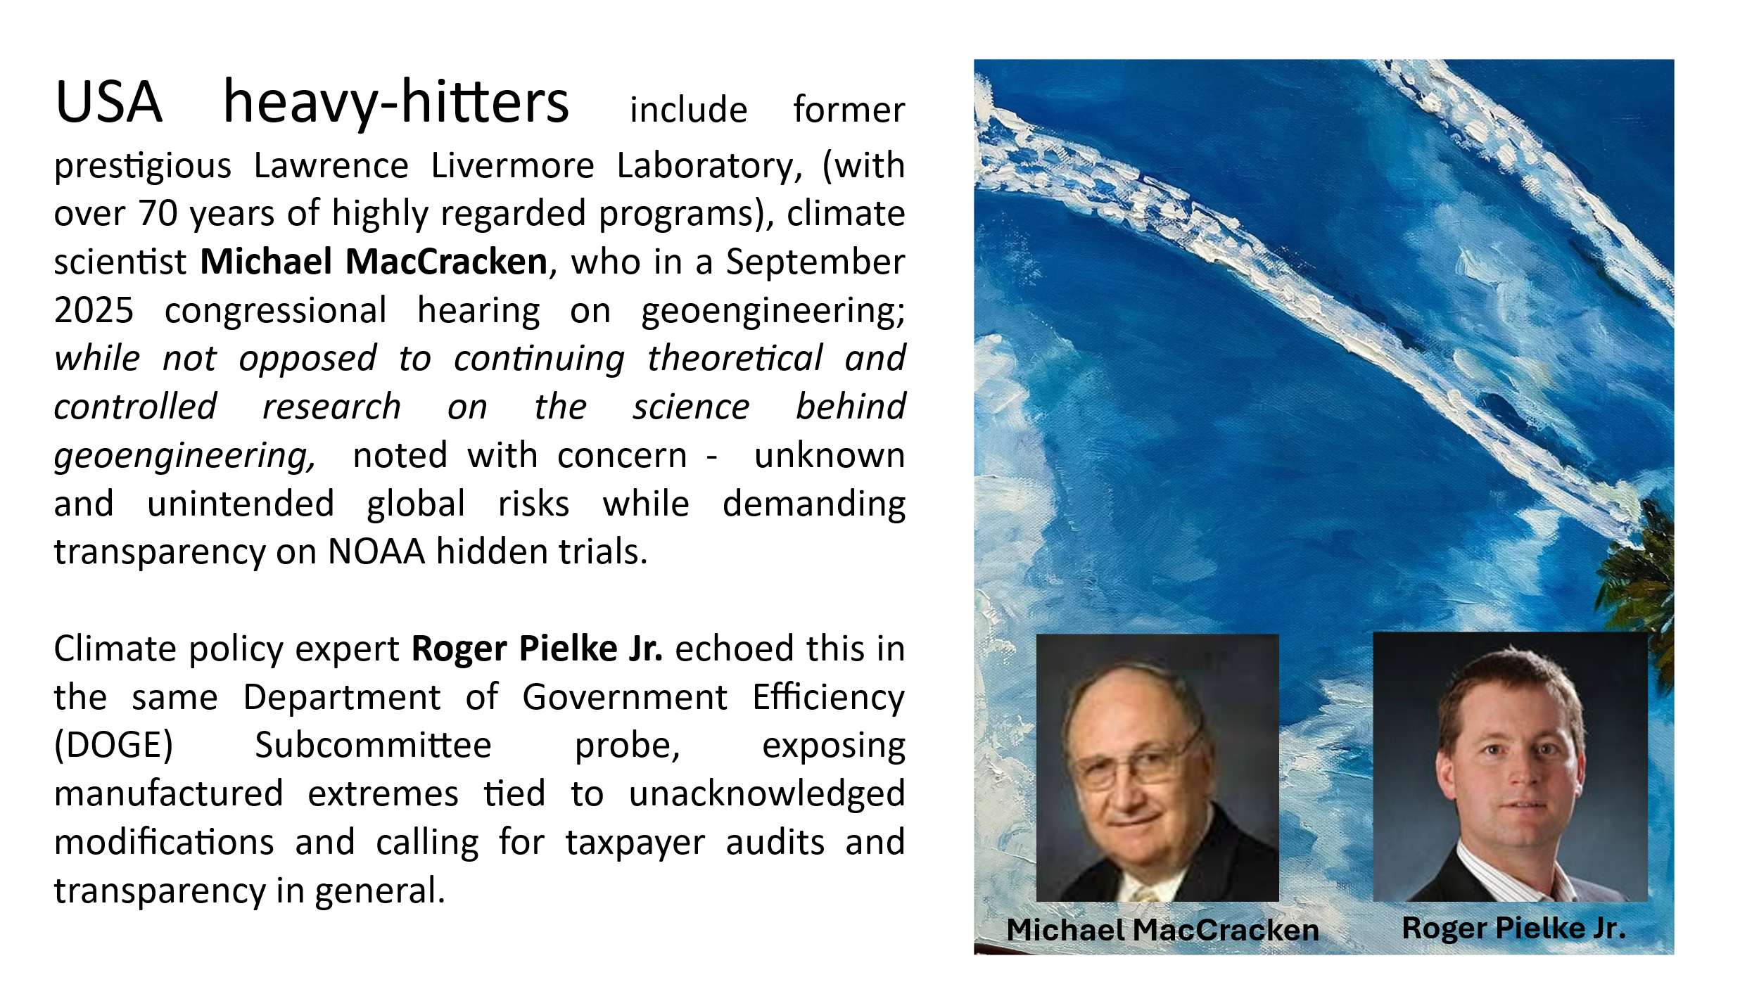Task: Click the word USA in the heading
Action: point(108,103)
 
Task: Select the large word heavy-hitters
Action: point(395,103)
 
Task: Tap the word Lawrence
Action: point(331,166)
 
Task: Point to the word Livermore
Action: point(512,166)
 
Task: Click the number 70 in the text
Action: point(158,213)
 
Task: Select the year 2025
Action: point(94,310)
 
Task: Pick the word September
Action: point(815,262)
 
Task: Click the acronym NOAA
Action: point(376,551)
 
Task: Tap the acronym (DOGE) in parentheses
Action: point(113,745)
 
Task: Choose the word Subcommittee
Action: point(373,745)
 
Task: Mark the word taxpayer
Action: point(635,843)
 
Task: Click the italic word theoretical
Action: point(735,359)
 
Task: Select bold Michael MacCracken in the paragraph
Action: point(374,262)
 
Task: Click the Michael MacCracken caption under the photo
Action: point(1162,930)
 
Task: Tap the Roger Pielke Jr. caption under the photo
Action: point(1513,928)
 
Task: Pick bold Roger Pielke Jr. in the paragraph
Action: point(536,649)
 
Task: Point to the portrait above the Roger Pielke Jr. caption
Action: point(1510,767)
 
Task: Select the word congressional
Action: point(275,310)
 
